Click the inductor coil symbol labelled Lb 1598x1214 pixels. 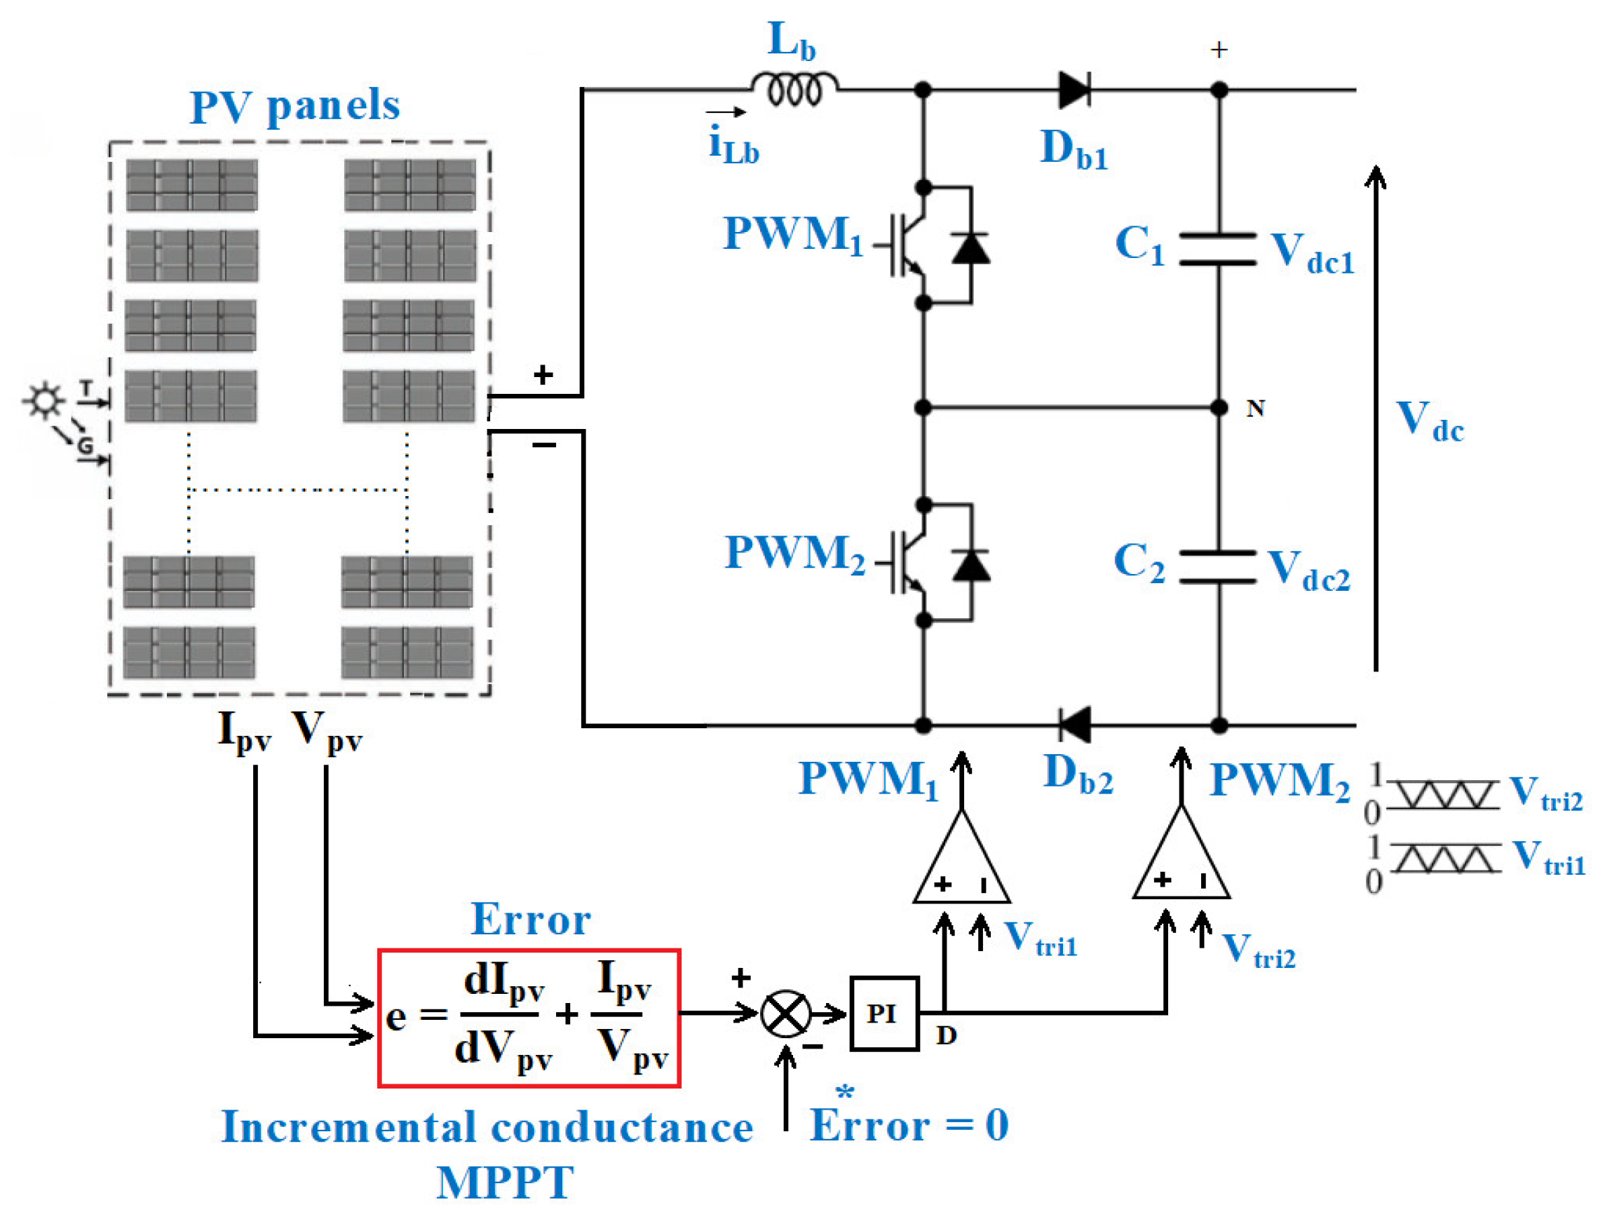(x=794, y=89)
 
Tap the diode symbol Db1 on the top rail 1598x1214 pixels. (x=1074, y=90)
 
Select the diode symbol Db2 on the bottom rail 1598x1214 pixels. (x=1074, y=725)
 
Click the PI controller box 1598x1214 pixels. (x=883, y=1014)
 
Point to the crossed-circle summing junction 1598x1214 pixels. (x=785, y=1014)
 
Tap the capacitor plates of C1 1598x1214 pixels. (x=1218, y=250)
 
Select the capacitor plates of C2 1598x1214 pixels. (x=1218, y=566)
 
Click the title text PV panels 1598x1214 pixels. (x=295, y=107)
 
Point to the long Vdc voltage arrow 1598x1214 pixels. (x=1376, y=419)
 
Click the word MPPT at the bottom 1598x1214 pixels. (x=505, y=1183)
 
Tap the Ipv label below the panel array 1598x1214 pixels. (x=244, y=732)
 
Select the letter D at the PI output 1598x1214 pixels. (x=946, y=1036)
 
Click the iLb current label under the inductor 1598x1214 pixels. (x=733, y=145)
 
